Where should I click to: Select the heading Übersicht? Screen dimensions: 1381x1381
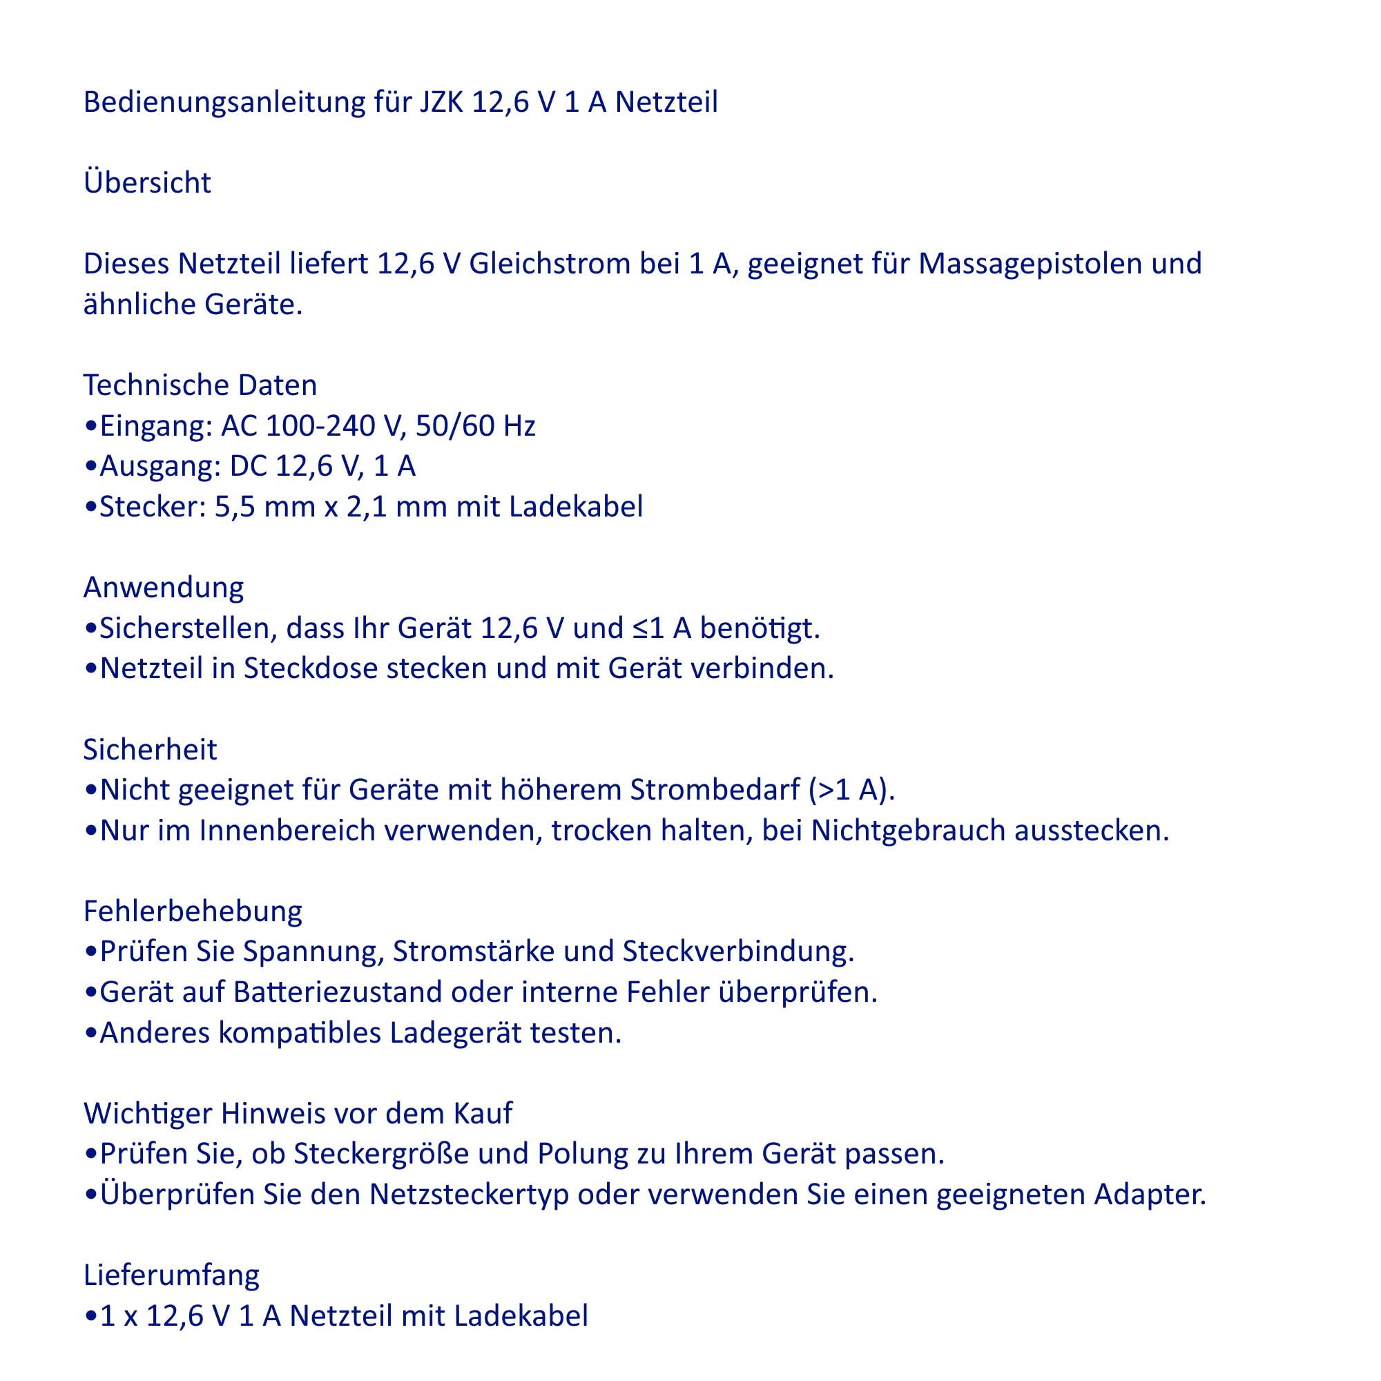[147, 183]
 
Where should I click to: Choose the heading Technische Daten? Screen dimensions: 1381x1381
[200, 385]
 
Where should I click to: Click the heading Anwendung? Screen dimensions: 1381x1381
[164, 588]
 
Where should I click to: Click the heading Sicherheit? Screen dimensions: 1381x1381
[150, 750]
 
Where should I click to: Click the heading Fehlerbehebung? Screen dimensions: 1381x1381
[193, 911]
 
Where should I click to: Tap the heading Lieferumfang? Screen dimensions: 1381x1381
[171, 1276]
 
